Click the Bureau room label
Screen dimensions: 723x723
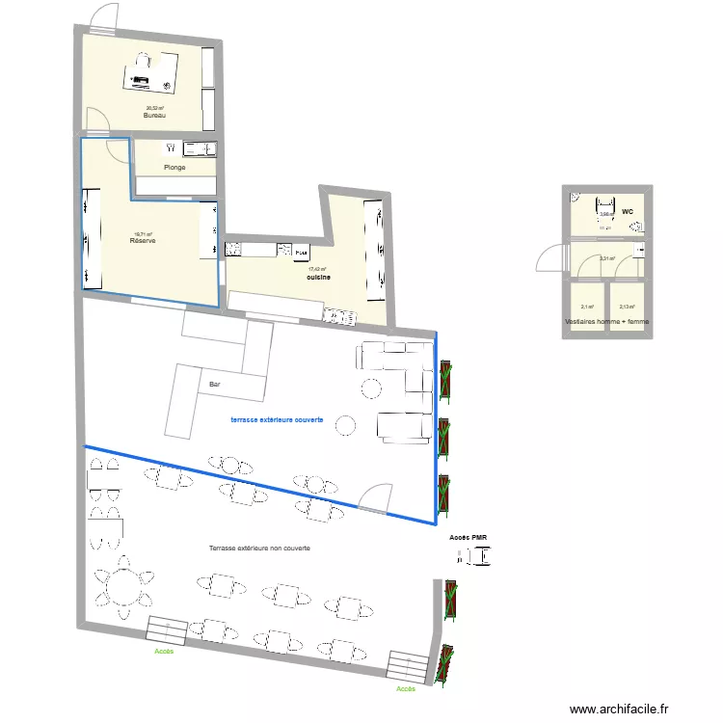[x=154, y=116]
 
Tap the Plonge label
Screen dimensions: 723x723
[x=174, y=168]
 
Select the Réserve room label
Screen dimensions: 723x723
[x=143, y=241]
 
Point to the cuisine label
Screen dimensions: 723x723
[x=318, y=278]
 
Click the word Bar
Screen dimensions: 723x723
[x=215, y=385]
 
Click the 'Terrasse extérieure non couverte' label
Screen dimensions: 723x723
[x=259, y=548]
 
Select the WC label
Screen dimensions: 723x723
[x=627, y=211]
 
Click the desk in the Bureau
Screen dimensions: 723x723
[x=150, y=70]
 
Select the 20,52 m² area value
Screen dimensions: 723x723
[x=154, y=108]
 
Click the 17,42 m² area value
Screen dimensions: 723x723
[x=317, y=270]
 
